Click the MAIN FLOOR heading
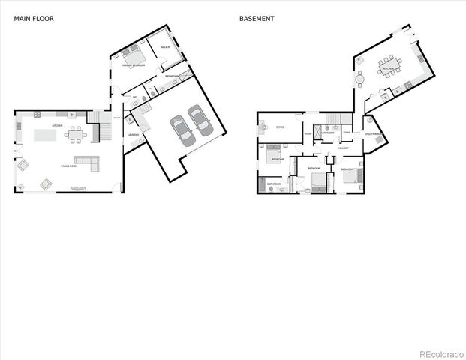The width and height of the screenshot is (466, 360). pos(29,18)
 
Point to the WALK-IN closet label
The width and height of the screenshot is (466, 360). pos(165,47)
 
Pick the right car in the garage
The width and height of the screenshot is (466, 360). pos(199,118)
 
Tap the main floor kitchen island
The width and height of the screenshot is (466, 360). pos(45,136)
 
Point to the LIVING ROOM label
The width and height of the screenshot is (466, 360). pos(69,166)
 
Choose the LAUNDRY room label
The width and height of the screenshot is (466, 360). pos(134,135)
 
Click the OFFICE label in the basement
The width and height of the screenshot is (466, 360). pos(280,127)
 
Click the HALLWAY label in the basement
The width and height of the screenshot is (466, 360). pos(343,148)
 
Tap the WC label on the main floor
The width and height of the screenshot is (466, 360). pos(136,97)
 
